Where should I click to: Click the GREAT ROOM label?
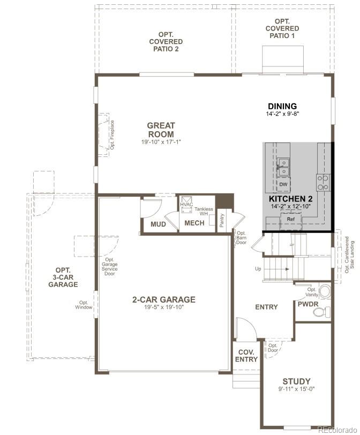point(161,130)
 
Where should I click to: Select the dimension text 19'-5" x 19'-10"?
point(164,307)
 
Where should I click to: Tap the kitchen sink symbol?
point(283,167)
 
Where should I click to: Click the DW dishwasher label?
point(283,184)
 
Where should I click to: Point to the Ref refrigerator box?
point(291,219)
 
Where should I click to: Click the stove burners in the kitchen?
point(323,183)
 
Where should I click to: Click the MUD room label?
point(158,224)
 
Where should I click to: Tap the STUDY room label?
point(297,381)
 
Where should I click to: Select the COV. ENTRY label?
point(246,356)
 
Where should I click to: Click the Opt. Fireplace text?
point(112,134)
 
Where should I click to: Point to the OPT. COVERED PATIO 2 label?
point(166,42)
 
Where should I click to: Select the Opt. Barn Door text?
point(241,238)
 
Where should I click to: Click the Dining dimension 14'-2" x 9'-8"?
point(282,114)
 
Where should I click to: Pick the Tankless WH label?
point(204,212)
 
